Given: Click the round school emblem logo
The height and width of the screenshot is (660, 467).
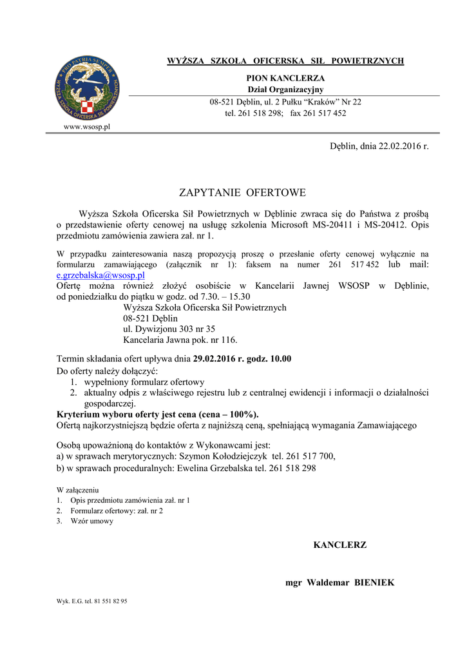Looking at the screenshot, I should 86,88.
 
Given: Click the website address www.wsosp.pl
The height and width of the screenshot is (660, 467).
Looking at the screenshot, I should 86,126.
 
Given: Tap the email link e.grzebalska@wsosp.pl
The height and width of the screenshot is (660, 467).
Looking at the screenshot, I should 100,275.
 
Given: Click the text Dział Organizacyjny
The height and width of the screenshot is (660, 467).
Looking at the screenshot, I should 285,90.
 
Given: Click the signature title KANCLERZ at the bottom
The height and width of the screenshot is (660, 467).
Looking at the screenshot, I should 339,545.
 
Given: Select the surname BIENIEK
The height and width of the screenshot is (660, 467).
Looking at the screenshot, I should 374,583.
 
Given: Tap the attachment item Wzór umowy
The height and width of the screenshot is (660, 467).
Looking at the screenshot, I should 92,521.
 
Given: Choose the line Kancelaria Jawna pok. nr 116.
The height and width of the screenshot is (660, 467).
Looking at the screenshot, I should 180,340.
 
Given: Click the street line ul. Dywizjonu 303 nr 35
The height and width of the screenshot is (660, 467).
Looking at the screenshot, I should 169,329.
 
